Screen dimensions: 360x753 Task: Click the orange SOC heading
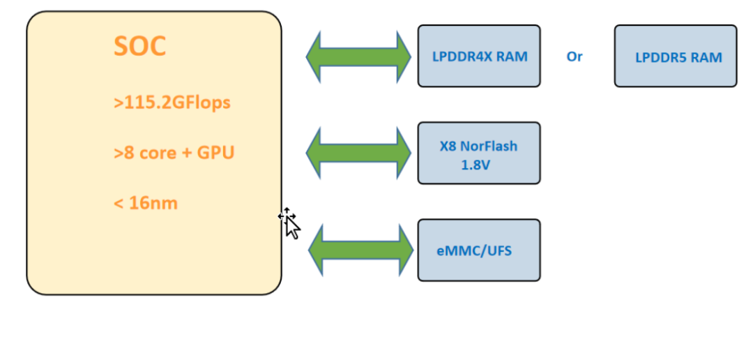pyautogui.click(x=139, y=46)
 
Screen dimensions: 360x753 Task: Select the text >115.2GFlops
pyautogui.click(x=172, y=103)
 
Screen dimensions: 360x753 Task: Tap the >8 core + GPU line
pyautogui.click(x=174, y=153)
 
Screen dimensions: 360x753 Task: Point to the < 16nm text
pyautogui.click(x=145, y=203)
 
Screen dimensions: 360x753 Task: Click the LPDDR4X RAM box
pyautogui.click(x=479, y=56)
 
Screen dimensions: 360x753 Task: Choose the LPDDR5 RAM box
pyautogui.click(x=675, y=56)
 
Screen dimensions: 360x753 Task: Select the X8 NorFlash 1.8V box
pyautogui.click(x=479, y=153)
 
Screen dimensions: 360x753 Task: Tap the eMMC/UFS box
pyautogui.click(x=479, y=250)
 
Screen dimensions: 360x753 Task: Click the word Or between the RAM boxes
pyautogui.click(x=575, y=57)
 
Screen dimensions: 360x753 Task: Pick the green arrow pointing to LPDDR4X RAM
pyautogui.click(x=359, y=56)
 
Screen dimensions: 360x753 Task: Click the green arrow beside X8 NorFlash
pyautogui.click(x=359, y=153)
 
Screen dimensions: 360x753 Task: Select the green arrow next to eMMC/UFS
pyautogui.click(x=360, y=249)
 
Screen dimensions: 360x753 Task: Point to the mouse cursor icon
pyautogui.click(x=290, y=223)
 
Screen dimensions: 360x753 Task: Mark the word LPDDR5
pyautogui.click(x=661, y=58)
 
